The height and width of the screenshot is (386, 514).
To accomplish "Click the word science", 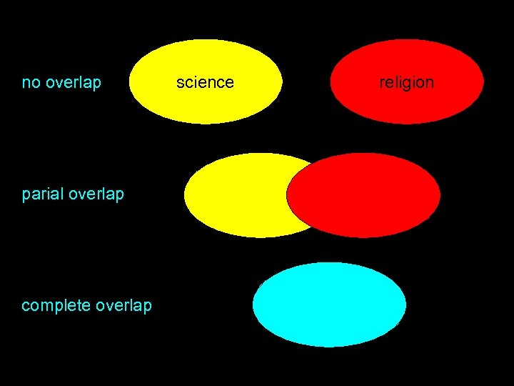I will [x=205, y=82].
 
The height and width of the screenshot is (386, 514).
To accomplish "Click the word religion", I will [x=406, y=82].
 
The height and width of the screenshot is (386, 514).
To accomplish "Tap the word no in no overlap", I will [x=30, y=83].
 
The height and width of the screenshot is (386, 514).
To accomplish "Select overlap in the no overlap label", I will [x=73, y=83].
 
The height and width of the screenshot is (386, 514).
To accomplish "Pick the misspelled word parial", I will [x=43, y=194].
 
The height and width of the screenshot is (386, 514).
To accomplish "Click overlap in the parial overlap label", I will [x=96, y=194].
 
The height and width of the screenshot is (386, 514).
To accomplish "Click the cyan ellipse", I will [x=329, y=305].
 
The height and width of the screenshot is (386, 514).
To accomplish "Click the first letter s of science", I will [x=180, y=83].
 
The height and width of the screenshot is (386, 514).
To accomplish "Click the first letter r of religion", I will [x=382, y=83].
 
